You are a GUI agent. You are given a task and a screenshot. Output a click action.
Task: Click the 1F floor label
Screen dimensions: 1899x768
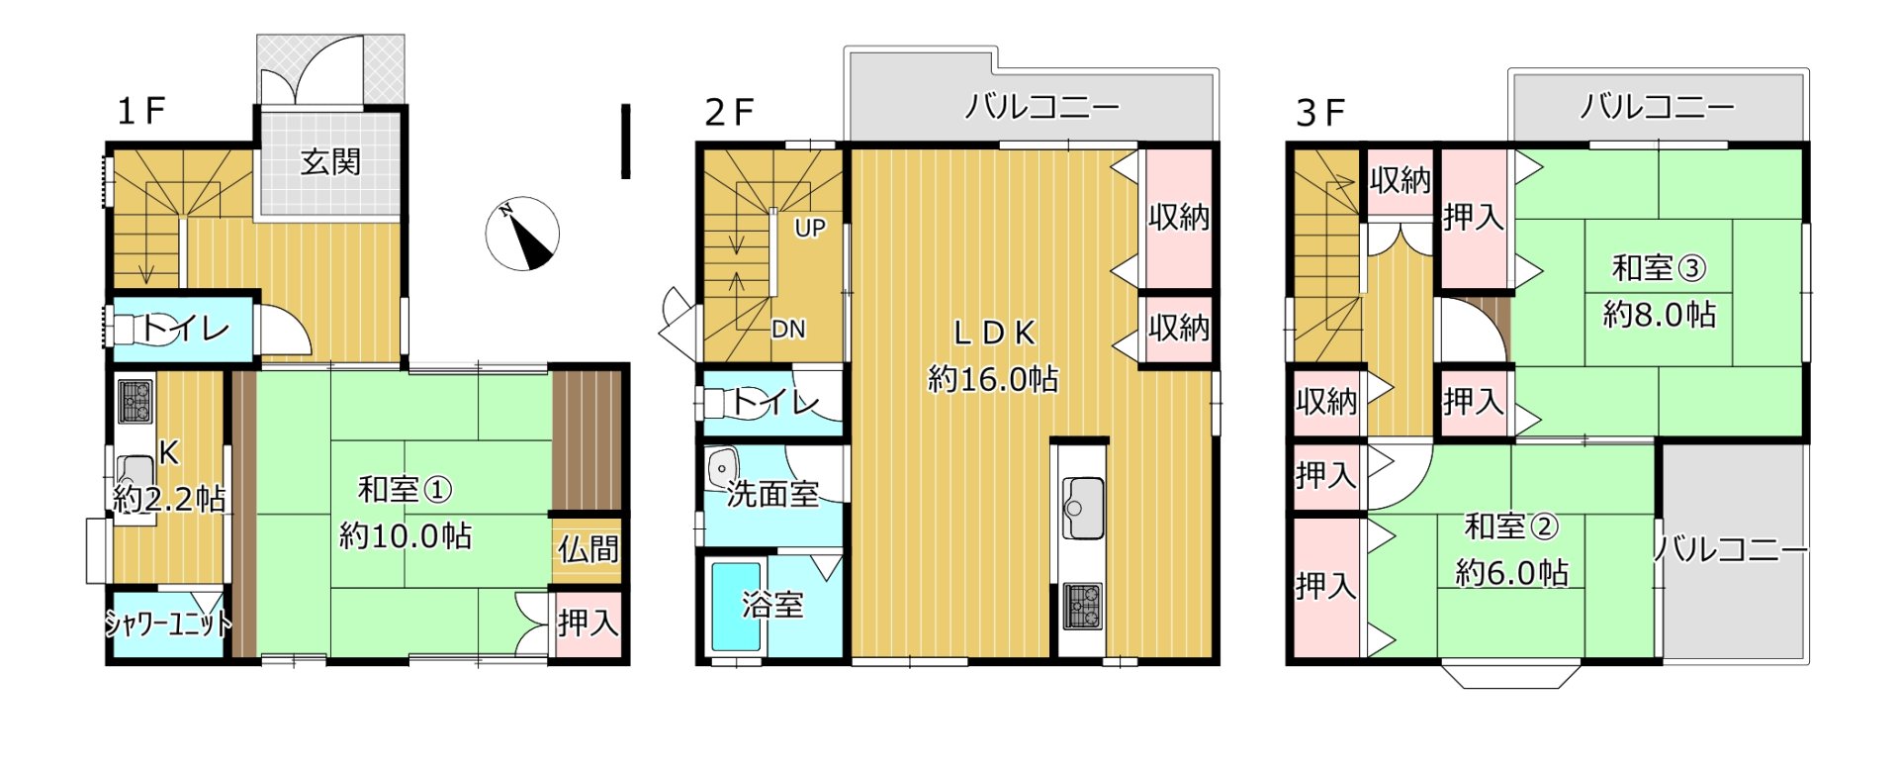pyautogui.click(x=140, y=111)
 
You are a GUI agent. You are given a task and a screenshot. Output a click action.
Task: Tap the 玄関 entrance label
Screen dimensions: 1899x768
pyautogui.click(x=330, y=161)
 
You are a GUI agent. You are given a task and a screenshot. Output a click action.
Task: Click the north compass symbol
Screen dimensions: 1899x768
pyautogui.click(x=522, y=235)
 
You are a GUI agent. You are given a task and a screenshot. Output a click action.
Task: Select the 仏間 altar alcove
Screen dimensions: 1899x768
pyautogui.click(x=588, y=549)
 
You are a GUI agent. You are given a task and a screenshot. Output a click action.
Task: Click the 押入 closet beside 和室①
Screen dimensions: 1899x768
pyautogui.click(x=588, y=624)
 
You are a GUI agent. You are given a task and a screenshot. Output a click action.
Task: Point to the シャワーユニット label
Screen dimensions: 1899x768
pyautogui.click(x=168, y=624)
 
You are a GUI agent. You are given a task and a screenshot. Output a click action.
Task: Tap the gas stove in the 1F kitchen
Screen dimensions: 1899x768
pyautogui.click(x=135, y=400)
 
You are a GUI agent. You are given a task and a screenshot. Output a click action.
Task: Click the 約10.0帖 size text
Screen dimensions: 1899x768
pyautogui.click(x=406, y=535)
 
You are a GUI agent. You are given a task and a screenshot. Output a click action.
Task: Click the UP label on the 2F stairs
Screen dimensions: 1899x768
pyautogui.click(x=809, y=228)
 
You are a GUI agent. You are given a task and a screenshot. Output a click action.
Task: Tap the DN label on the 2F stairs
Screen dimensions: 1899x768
pyautogui.click(x=788, y=329)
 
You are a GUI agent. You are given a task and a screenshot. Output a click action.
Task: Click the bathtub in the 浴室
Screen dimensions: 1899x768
pyautogui.click(x=736, y=607)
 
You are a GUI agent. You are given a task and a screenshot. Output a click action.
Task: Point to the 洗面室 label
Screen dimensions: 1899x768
pyautogui.click(x=772, y=493)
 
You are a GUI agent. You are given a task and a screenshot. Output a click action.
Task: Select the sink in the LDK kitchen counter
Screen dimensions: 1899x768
pyautogui.click(x=1083, y=508)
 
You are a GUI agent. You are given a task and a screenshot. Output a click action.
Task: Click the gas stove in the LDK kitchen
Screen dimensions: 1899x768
pyautogui.click(x=1083, y=607)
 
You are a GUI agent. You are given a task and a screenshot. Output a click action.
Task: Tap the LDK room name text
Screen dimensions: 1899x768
pyautogui.click(x=994, y=334)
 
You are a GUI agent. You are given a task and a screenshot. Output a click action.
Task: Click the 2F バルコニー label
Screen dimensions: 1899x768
pyautogui.click(x=1041, y=107)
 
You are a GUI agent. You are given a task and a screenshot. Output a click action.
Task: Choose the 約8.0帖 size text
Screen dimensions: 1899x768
pyautogui.click(x=1660, y=315)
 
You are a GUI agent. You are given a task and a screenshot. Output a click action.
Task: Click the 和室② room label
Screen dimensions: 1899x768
pyautogui.click(x=1511, y=527)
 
